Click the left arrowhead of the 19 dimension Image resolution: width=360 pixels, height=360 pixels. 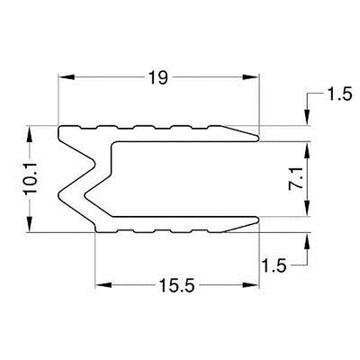[64, 79]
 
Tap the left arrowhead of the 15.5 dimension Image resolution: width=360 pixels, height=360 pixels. [100, 286]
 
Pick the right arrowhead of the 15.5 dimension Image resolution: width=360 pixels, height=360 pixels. [253, 286]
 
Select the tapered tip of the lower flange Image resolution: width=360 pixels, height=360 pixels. [257, 222]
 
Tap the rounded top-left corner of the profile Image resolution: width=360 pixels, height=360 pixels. [61, 130]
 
